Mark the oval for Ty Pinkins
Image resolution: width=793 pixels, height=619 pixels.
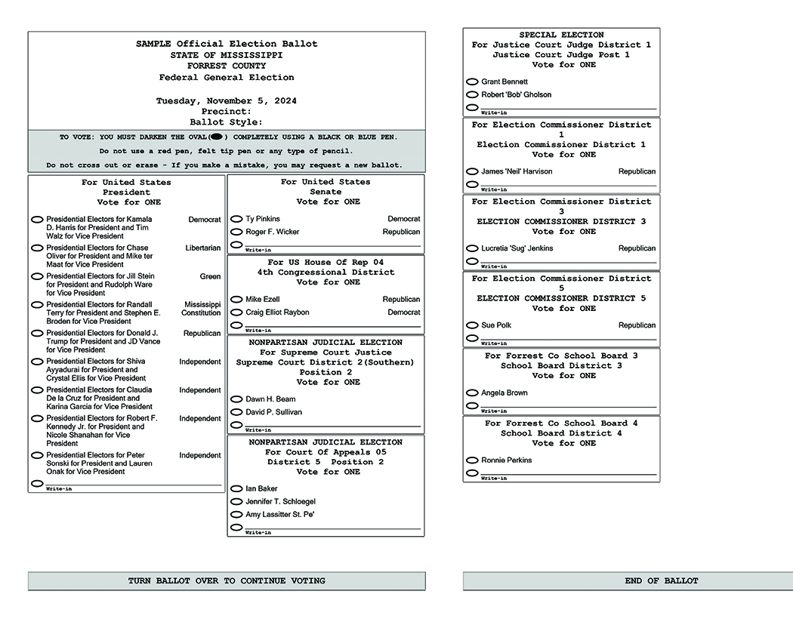(236, 219)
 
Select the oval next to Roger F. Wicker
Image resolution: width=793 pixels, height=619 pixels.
(236, 232)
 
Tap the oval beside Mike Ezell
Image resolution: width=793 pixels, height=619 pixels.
(236, 300)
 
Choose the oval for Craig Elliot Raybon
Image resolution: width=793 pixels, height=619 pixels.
(236, 313)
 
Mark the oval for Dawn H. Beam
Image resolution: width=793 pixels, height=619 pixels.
(236, 399)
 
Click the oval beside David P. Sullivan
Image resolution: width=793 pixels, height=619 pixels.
(236, 412)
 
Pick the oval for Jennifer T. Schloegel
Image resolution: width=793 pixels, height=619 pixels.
(236, 502)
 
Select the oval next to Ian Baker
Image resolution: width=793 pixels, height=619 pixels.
(236, 489)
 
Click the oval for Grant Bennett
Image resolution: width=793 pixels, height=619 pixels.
(472, 82)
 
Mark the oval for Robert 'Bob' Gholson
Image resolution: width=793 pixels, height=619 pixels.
(472, 95)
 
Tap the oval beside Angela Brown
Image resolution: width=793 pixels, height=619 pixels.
(472, 393)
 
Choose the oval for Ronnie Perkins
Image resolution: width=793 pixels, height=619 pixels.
(472, 460)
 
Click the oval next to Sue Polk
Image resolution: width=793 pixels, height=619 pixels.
(472, 325)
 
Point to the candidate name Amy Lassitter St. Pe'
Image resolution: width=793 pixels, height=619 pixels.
(280, 515)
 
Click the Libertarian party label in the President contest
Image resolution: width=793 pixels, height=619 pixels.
(203, 248)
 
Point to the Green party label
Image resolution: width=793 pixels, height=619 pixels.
(210, 276)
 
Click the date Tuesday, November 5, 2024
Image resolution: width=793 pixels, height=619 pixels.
(227, 101)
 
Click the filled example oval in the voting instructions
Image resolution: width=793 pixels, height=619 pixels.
(216, 137)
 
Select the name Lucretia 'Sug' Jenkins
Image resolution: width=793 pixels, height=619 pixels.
(517, 248)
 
